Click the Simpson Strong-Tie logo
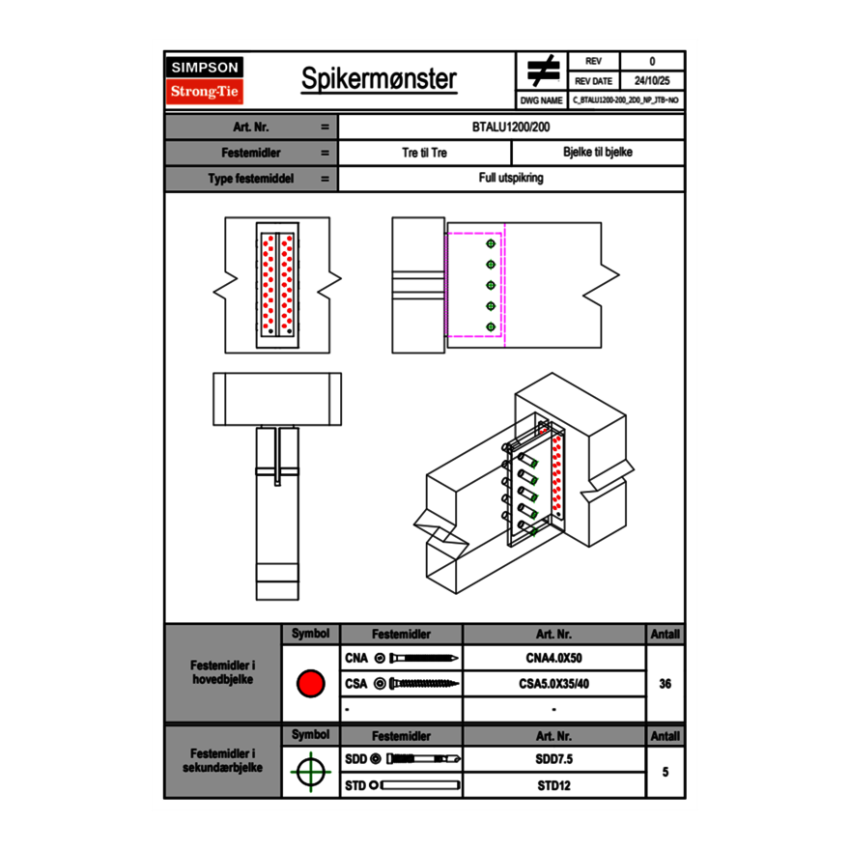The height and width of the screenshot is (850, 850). [206, 80]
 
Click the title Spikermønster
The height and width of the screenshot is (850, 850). [378, 79]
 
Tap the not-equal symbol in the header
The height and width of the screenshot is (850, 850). [543, 71]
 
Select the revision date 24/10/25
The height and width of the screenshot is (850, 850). [652, 81]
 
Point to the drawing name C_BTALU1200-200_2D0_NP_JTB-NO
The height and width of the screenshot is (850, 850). [626, 99]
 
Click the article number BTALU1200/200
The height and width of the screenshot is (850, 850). [511, 127]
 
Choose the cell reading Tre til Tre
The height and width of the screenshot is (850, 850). [424, 153]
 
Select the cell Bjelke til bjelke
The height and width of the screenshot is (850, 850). [597, 153]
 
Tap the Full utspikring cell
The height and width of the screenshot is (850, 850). [511, 179]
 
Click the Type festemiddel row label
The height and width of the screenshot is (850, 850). [250, 179]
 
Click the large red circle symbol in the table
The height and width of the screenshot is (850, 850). [310, 684]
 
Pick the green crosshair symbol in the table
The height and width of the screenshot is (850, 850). [310, 772]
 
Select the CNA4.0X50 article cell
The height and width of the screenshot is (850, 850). [553, 658]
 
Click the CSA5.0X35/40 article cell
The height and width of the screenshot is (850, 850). [553, 684]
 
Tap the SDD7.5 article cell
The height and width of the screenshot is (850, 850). [553, 759]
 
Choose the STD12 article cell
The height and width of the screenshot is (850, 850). [553, 785]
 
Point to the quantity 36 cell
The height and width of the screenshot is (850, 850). [665, 684]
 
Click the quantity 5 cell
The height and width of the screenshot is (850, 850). [665, 772]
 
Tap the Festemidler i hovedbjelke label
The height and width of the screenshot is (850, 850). [223, 672]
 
